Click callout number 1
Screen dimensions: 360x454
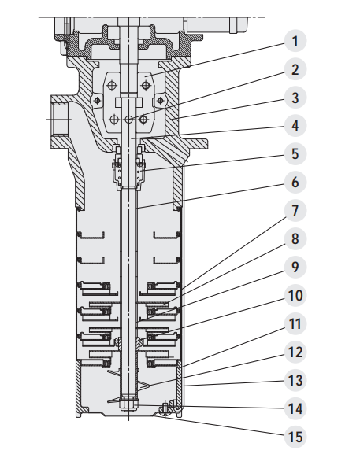pos(295,41)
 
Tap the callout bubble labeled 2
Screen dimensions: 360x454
pos(295,69)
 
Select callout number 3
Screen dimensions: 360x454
pos(295,98)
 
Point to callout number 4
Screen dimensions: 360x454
pos(295,126)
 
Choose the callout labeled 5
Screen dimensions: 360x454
pos(295,153)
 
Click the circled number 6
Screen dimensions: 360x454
pos(295,182)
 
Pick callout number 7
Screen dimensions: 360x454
pos(295,210)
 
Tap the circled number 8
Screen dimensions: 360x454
pos(295,238)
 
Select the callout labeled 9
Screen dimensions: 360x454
pos(295,267)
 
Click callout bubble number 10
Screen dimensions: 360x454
pos(295,295)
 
